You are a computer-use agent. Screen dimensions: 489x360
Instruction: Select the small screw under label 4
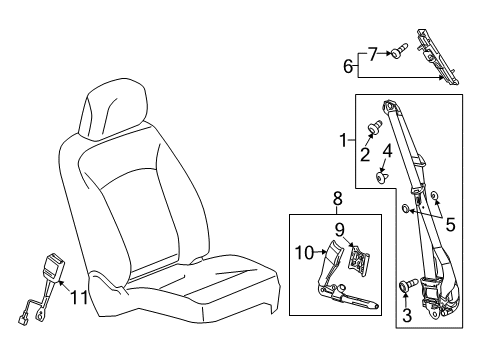382,178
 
